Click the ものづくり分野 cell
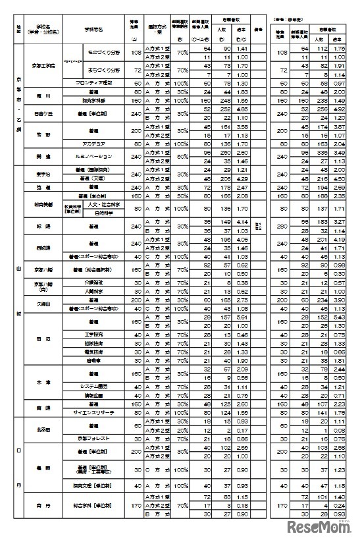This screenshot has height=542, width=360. tap(104, 52)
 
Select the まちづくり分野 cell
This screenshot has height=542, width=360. tap(104, 70)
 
